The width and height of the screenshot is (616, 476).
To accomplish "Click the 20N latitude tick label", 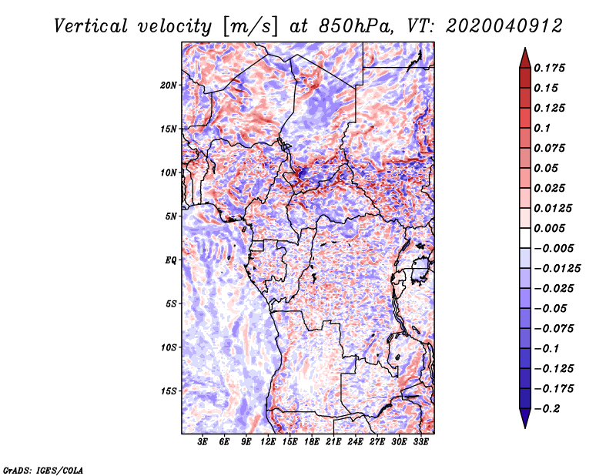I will pyautogui.click(x=169, y=85).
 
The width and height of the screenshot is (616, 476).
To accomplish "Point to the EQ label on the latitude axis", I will pyautogui.click(x=171, y=260).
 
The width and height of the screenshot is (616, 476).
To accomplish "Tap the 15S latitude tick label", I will pyautogui.click(x=169, y=391).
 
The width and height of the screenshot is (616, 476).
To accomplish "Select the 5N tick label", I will pyautogui.click(x=171, y=216).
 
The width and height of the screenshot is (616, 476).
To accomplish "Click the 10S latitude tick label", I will pyautogui.click(x=169, y=347).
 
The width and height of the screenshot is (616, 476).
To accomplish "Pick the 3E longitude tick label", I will pyautogui.click(x=203, y=442).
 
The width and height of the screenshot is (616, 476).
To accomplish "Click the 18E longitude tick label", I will pyautogui.click(x=312, y=442).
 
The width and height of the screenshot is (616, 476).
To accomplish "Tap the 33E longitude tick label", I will pyautogui.click(x=420, y=442).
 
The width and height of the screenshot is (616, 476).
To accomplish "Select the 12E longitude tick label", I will pyautogui.click(x=269, y=442).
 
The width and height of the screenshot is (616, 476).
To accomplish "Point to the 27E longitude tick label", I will pyautogui.click(x=377, y=442).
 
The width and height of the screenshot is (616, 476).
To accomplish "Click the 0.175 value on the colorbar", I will pyautogui.click(x=551, y=68).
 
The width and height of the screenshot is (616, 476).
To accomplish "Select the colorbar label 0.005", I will pyautogui.click(x=551, y=228).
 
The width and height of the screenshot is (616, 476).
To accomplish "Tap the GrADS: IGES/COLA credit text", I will pyautogui.click(x=42, y=469).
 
